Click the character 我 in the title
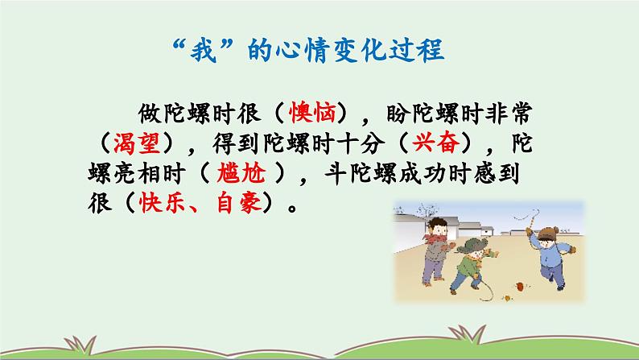[203, 51]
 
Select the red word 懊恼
[312, 113]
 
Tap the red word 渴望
[137, 143]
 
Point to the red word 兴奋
[435, 143]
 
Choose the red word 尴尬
[241, 173]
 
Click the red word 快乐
[163, 203]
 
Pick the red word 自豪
[239, 203]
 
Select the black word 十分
[361, 143]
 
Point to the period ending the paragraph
[292, 208]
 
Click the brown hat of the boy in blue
[548, 234]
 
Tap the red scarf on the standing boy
[435, 239]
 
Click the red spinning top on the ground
[520, 286]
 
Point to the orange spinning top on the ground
[507, 298]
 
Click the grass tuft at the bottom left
[80, 344]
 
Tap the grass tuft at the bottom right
[468, 334]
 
